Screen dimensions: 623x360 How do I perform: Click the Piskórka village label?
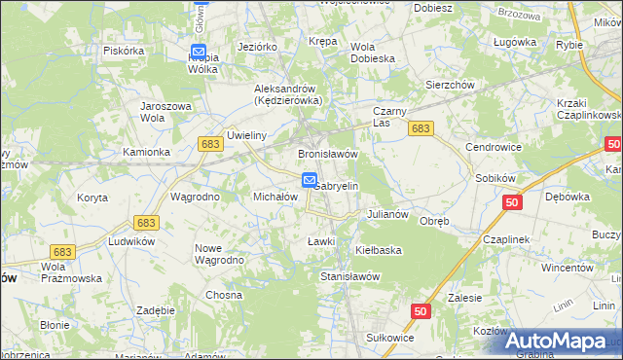tap(123, 51)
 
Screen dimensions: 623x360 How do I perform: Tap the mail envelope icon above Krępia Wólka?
tap(199, 52)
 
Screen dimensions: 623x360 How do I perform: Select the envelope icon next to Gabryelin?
tap(309, 179)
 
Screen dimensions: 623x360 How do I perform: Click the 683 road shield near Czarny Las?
tap(421, 128)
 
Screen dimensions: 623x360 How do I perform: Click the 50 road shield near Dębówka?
tap(514, 202)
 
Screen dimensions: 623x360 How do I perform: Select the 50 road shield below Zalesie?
tap(420, 310)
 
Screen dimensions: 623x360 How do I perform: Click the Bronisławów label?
tap(328, 154)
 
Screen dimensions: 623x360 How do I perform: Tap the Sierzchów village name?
tap(450, 85)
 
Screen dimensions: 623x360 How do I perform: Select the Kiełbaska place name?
tap(379, 250)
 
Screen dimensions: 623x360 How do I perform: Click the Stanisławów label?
tap(349, 275)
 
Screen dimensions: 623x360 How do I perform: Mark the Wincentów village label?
tap(568, 267)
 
